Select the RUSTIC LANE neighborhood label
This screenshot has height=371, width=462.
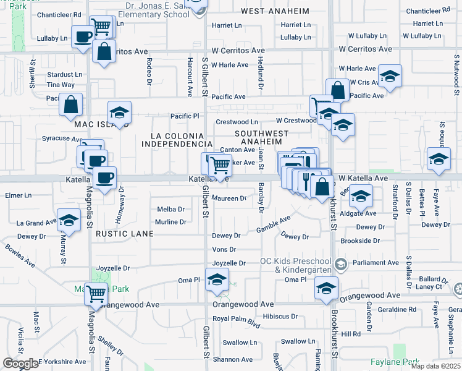(x=124, y=234)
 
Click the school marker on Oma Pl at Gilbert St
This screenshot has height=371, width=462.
(x=217, y=280)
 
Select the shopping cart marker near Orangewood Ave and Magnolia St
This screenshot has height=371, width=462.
(x=96, y=295)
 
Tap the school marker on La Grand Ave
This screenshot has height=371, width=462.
(x=69, y=220)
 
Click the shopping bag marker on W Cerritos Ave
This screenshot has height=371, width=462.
(x=104, y=51)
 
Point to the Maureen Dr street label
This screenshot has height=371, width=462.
(x=229, y=198)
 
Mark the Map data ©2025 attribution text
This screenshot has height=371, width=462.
(x=435, y=366)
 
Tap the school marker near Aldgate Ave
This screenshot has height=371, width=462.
(x=360, y=198)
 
